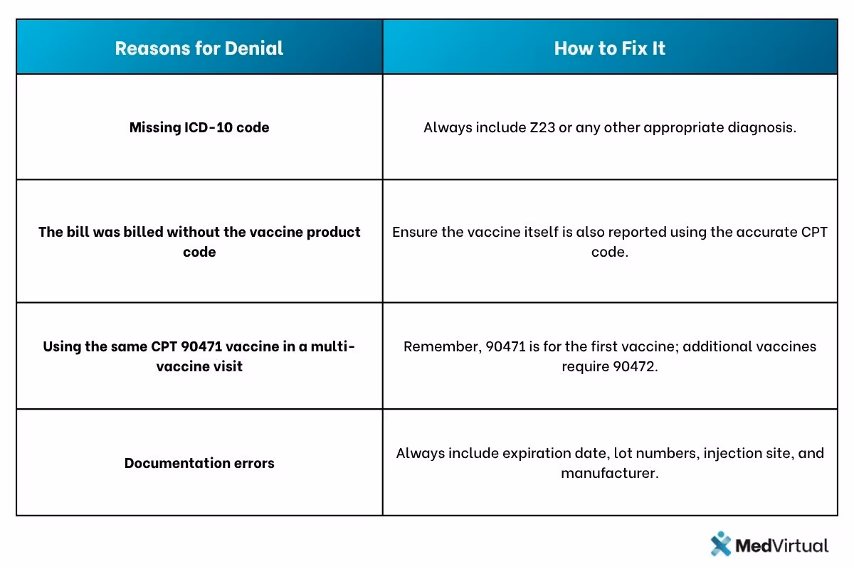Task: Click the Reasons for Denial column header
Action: [199, 48]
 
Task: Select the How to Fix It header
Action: [610, 48]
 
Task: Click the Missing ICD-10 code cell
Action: [199, 128]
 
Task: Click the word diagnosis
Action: [760, 128]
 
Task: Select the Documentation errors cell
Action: [199, 463]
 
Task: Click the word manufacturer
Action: [609, 473]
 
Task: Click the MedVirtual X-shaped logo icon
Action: [721, 545]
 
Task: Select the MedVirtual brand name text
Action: [781, 546]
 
